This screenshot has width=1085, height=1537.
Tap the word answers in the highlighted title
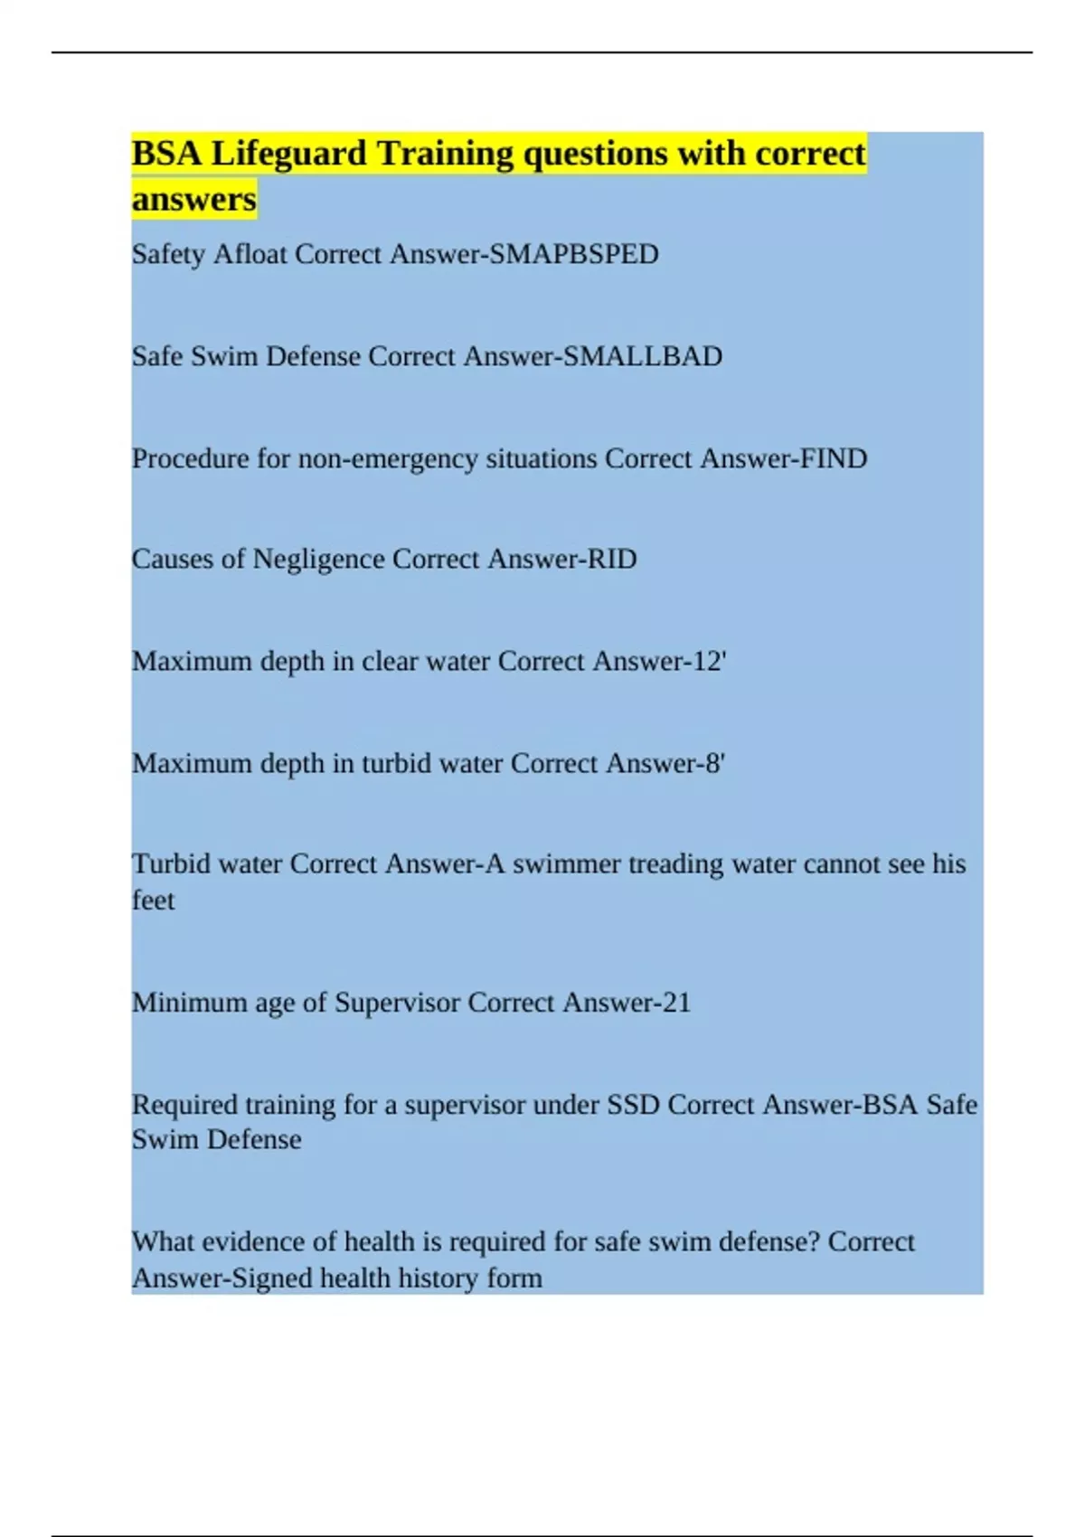click(x=193, y=199)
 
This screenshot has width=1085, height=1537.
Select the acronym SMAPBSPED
click(x=573, y=254)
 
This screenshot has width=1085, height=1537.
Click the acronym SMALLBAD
click(x=642, y=356)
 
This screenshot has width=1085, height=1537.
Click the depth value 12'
click(x=710, y=661)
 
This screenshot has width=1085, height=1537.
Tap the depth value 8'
click(x=714, y=763)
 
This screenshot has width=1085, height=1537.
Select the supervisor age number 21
click(x=675, y=1002)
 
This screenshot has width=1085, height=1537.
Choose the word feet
click(x=153, y=901)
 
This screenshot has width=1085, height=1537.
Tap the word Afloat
click(x=250, y=254)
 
